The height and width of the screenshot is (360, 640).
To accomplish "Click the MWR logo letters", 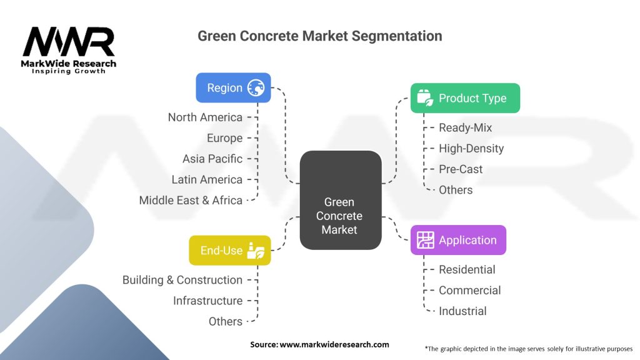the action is point(69,42).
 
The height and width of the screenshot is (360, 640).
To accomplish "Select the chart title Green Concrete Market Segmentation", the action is point(319,36).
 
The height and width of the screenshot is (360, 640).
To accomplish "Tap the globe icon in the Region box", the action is point(256,87).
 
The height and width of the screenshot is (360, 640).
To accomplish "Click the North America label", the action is point(205,117).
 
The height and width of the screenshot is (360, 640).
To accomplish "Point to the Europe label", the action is point(224,138).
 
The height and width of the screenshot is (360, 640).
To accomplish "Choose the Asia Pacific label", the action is point(212,159).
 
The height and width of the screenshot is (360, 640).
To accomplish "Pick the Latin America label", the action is point(207,179).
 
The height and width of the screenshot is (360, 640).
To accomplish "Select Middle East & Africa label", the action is point(191,201).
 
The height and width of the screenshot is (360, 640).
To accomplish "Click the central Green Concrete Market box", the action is point(341,200).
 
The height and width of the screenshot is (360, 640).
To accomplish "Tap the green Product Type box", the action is point(465,98).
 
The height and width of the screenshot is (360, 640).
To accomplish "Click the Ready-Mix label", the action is point(465,127).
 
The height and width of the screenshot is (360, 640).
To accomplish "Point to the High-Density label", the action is point(471,149).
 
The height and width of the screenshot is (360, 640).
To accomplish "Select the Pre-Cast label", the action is point(461,169).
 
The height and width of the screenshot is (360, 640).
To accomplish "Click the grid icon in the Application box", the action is point(425,240).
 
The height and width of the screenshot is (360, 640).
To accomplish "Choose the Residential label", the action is point(467,269).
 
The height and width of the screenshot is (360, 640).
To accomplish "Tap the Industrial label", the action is point(462,311).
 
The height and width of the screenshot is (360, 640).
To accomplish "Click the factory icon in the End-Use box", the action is point(256,251).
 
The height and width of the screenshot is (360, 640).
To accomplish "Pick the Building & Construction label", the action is point(182,280).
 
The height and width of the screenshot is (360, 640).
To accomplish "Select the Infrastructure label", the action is point(207,301).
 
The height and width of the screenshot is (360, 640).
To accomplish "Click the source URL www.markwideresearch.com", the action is point(334,344).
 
